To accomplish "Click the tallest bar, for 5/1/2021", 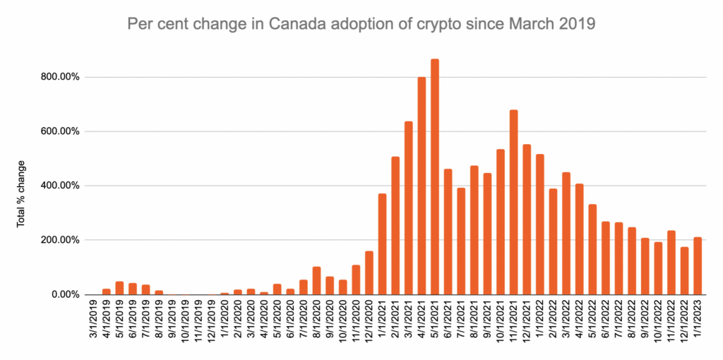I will (435, 176).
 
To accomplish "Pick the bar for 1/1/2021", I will (382, 244).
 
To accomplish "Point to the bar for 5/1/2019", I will (119, 288).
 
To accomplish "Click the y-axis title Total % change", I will (20, 194).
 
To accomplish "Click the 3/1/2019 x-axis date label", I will (94, 321).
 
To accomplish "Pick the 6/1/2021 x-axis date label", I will (448, 321).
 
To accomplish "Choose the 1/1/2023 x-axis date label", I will (698, 321).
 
